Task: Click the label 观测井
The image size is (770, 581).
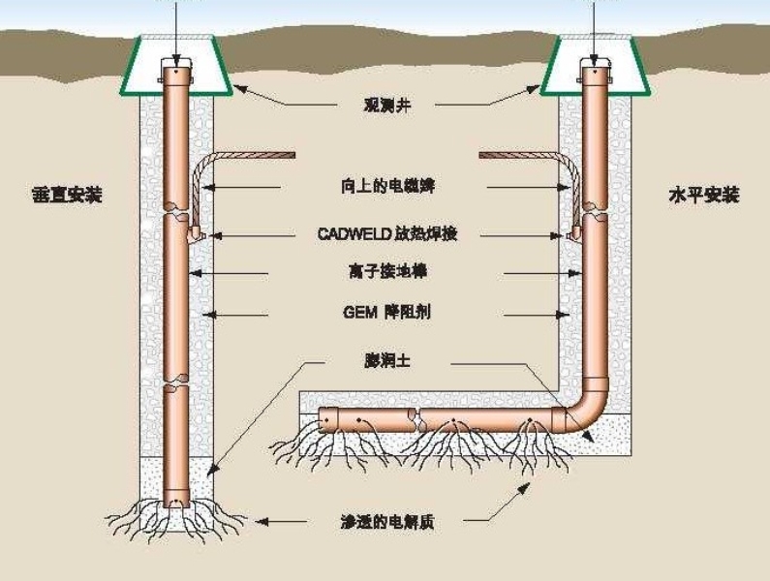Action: coord(385,104)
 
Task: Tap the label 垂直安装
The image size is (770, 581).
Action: coord(66,195)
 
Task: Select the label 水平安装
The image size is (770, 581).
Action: coord(704,195)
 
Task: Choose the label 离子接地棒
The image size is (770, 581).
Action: coord(385,273)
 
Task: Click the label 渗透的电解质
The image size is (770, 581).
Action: coord(385,522)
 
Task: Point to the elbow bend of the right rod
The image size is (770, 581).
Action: coord(583,411)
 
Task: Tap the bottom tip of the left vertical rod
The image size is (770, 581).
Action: coord(176,502)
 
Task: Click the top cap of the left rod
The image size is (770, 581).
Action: coord(175,71)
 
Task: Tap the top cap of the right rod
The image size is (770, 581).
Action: coord(595,70)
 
